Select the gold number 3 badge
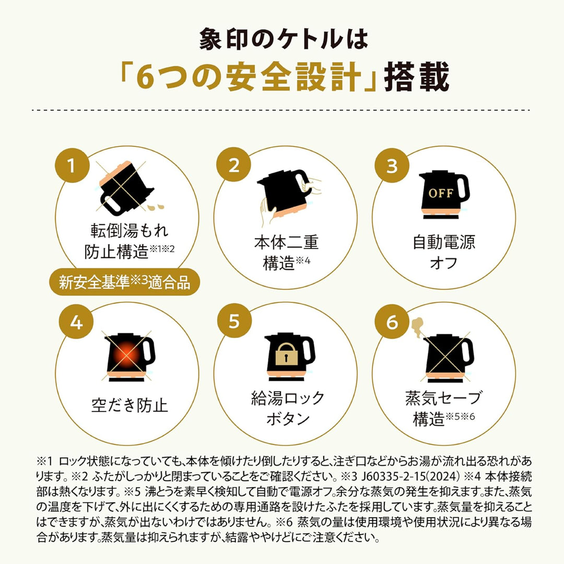(x=392, y=166)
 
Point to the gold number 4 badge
(x=76, y=322)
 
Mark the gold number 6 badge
(x=392, y=322)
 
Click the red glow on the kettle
(x=125, y=354)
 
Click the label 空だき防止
(x=130, y=405)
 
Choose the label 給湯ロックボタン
(x=288, y=408)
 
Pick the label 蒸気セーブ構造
(x=443, y=409)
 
